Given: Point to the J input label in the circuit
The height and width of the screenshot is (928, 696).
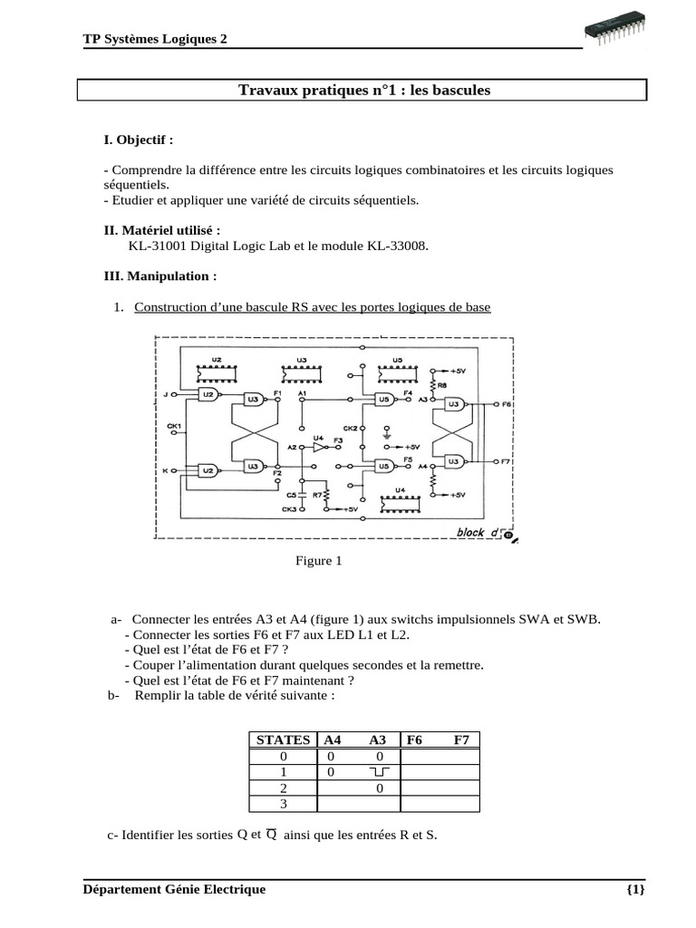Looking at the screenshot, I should (166, 395).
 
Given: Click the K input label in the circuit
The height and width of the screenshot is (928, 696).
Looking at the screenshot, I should (166, 471).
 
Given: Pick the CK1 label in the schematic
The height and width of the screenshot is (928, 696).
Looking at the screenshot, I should (174, 426).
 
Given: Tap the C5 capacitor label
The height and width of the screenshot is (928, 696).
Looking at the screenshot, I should (292, 496).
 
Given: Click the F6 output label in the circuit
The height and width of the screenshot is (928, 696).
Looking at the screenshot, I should (507, 401).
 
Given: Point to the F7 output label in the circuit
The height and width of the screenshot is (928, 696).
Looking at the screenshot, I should (507, 461).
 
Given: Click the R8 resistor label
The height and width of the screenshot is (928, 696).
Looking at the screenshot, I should (442, 385).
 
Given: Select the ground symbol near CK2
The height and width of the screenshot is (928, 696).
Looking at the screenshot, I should (387, 435).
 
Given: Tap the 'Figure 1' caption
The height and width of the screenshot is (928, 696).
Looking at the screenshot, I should (318, 561).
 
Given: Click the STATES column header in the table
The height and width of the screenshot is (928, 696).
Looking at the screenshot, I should (284, 739).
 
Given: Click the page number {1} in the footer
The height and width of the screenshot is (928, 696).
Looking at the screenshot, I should (635, 889).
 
